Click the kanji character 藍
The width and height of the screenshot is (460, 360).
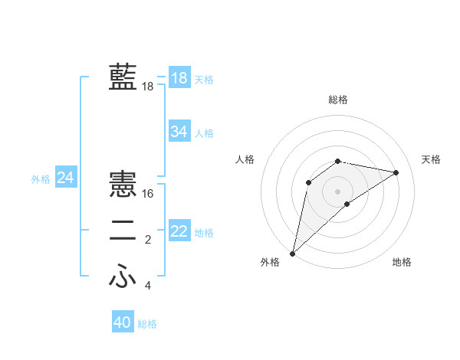tap(123, 77)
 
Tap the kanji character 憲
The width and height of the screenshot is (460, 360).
tap(123, 185)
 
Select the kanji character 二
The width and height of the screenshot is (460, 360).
tap(123, 231)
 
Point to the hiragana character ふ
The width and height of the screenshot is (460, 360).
tap(123, 277)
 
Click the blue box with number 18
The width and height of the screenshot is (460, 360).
tap(179, 78)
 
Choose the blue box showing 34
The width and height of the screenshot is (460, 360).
tap(179, 132)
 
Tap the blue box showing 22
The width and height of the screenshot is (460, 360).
tap(179, 231)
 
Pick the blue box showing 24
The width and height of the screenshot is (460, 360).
tap(65, 178)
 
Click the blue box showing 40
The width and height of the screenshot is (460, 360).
tap(122, 322)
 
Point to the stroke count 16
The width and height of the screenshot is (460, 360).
tap(148, 194)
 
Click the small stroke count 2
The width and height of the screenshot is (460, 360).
tap(148, 241)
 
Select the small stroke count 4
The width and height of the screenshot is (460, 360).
tap(148, 286)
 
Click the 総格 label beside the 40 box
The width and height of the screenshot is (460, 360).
tap(147, 324)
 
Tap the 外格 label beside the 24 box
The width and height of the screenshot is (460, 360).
tap(41, 179)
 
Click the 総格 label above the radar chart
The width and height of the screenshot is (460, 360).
tap(337, 100)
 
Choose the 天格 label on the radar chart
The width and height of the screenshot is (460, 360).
tap(431, 159)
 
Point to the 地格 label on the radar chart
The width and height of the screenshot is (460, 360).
tap(402, 262)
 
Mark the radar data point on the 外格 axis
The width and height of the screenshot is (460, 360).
tap(292, 253)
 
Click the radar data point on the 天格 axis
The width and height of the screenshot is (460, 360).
tap(396, 172)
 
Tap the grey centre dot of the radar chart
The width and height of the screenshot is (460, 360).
tap(337, 191)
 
